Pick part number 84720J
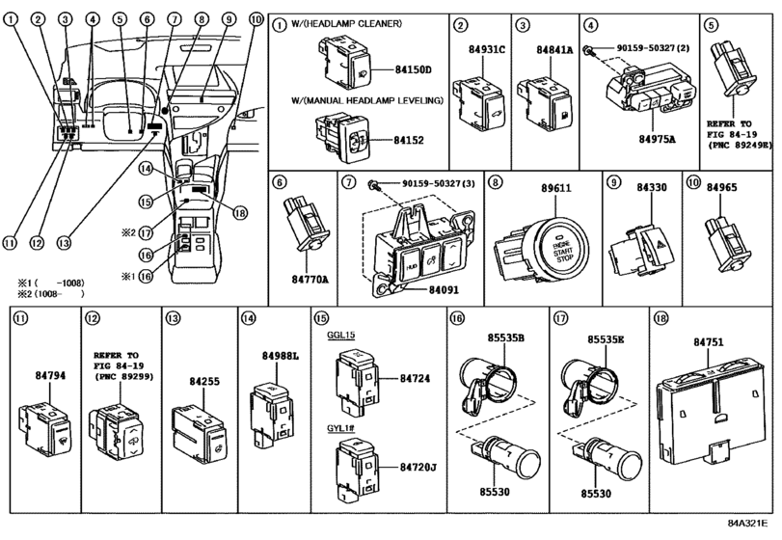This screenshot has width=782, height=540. pos(419,467)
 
